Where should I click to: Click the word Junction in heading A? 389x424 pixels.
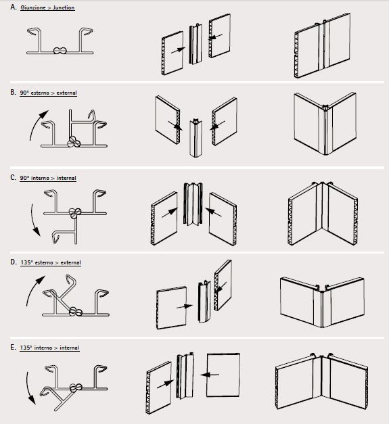click(64, 7)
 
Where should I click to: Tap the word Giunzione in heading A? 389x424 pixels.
click(33, 7)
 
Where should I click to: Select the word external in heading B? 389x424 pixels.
click(66, 93)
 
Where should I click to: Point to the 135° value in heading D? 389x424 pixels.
click(26, 262)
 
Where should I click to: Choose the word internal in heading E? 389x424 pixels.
click(69, 348)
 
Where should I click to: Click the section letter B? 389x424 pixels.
click(13, 92)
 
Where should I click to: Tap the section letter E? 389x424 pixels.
click(13, 347)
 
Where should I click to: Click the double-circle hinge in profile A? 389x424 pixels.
click(60, 51)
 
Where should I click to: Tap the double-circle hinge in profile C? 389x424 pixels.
click(75, 213)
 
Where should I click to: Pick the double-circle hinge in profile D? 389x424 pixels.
click(76, 312)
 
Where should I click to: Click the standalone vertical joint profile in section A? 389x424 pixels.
click(196, 44)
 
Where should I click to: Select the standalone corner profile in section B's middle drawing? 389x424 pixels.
click(196, 137)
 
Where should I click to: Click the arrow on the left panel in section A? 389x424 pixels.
click(179, 50)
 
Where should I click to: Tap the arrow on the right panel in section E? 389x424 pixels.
click(210, 375)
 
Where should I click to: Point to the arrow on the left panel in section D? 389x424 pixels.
click(185, 306)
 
